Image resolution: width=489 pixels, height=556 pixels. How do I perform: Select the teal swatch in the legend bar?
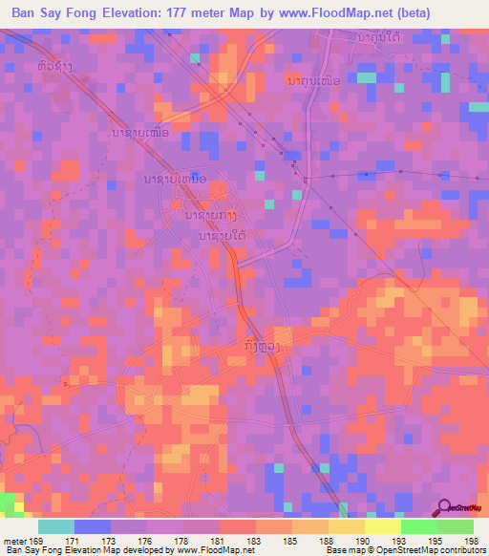(x=56, y=525)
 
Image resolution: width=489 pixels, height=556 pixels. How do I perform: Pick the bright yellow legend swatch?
(x=383, y=525)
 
